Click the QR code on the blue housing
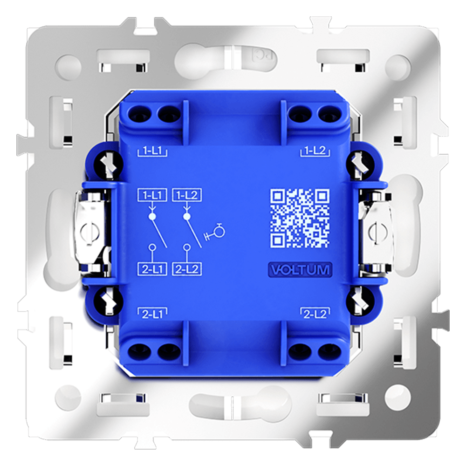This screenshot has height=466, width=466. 300,218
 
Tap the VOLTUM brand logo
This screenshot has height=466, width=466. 300,270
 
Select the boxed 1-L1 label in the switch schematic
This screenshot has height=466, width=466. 152,195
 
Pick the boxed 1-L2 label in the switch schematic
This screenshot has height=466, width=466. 187,195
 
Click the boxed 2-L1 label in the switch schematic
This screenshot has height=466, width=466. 152,269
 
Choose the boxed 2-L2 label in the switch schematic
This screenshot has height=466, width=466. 187,269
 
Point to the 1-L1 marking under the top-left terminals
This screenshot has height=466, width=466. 152,151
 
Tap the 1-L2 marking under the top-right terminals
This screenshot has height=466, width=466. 315,151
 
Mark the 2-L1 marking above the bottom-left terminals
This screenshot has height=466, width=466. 152,314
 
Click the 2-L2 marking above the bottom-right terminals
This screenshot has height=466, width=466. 315,314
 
